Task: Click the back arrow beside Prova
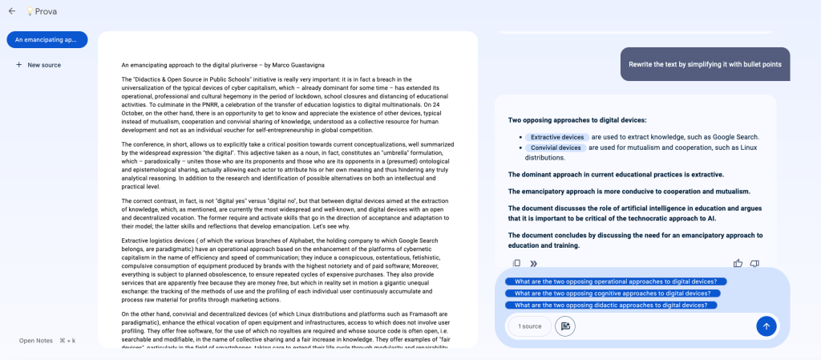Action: [x=11, y=11]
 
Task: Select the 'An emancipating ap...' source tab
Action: [x=47, y=39]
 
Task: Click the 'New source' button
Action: [x=38, y=65]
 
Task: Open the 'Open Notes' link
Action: [x=36, y=341]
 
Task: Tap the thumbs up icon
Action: [x=738, y=263]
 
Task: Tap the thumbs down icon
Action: [x=754, y=263]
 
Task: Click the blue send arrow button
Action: [x=766, y=326]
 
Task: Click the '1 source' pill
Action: [x=529, y=326]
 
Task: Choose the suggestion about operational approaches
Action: [x=616, y=281]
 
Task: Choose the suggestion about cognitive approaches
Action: [x=613, y=293]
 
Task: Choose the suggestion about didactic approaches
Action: [x=611, y=305]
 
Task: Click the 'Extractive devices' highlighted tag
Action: [x=556, y=137]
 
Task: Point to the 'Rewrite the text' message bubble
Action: [x=706, y=63]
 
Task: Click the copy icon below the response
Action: [x=517, y=263]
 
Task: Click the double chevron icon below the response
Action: [x=533, y=263]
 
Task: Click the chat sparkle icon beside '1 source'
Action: [x=565, y=326]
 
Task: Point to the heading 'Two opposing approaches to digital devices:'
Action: [x=577, y=120]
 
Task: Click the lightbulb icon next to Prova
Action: [x=30, y=11]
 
